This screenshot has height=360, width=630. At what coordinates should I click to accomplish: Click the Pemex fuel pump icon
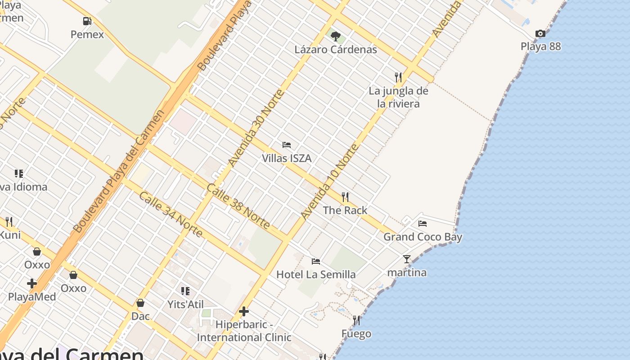(x=87, y=21)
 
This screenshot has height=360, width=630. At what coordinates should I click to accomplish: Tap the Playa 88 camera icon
(x=540, y=33)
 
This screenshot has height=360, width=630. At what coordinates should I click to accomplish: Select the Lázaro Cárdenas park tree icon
(x=335, y=36)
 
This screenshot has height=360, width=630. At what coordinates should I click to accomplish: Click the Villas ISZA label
(x=287, y=158)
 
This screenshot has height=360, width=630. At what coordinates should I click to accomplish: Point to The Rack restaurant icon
(x=345, y=197)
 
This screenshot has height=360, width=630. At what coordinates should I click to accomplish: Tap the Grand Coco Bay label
(x=423, y=237)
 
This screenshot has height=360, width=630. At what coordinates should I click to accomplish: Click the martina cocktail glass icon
(x=407, y=259)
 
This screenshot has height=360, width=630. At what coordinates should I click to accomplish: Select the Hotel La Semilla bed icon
(x=316, y=261)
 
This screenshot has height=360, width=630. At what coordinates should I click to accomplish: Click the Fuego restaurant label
(x=356, y=334)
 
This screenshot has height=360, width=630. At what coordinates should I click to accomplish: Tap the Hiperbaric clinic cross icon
(x=244, y=311)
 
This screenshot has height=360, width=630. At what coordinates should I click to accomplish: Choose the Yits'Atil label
(x=186, y=304)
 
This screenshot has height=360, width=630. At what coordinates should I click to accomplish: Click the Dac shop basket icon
(x=140, y=303)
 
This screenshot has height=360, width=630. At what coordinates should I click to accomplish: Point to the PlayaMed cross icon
(x=31, y=283)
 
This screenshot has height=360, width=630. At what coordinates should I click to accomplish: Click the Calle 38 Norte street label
(x=238, y=206)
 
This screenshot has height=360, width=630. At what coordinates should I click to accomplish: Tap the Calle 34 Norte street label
(x=171, y=214)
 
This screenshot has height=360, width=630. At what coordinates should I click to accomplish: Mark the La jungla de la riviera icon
(x=398, y=77)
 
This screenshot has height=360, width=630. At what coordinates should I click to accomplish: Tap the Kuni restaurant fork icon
(x=9, y=221)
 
